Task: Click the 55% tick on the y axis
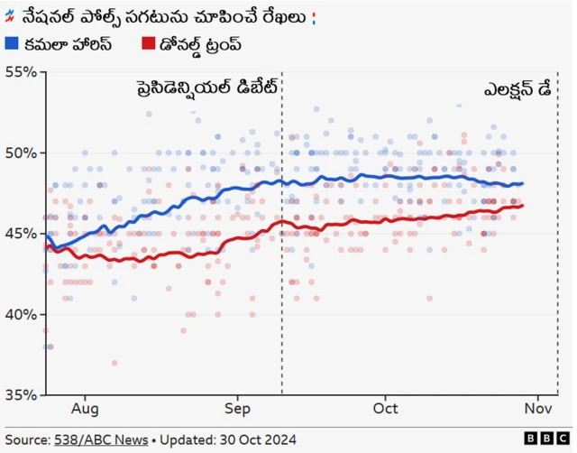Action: [x=21, y=72]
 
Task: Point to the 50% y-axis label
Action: [x=21, y=153]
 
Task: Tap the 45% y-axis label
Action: [x=21, y=233]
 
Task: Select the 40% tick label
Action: [x=21, y=314]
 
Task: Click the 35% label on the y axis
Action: [x=21, y=394]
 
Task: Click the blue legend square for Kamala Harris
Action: [x=12, y=43]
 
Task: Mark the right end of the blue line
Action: [x=523, y=183]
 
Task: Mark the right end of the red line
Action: [x=523, y=206]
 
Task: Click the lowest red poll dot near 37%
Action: [x=114, y=363]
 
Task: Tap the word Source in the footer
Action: [x=28, y=439]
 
